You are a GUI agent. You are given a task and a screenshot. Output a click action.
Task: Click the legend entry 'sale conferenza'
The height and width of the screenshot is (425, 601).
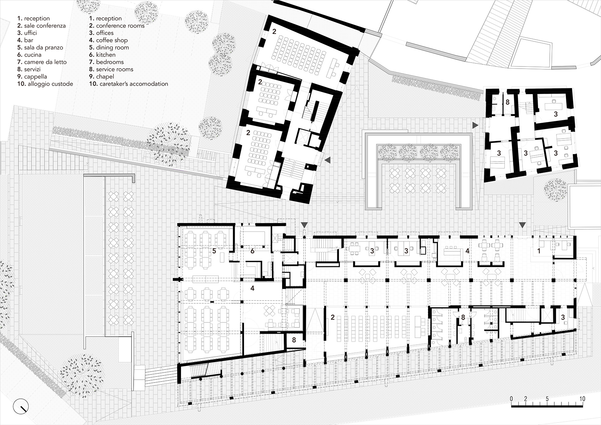tap(45, 25)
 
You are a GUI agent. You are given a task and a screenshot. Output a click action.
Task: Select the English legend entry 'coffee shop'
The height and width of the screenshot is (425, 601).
tap(112, 40)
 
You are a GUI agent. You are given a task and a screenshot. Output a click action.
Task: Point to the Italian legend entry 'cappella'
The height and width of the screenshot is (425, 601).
tap(35, 76)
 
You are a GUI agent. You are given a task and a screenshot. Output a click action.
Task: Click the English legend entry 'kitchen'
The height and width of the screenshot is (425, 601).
tap(106, 55)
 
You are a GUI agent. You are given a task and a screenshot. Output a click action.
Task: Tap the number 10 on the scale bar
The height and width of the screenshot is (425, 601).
tap(582, 399)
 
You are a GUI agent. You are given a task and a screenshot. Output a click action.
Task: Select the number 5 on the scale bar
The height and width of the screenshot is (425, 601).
tap(547, 399)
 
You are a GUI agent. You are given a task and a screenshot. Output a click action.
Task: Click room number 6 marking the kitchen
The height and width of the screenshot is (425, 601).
tap(252, 251)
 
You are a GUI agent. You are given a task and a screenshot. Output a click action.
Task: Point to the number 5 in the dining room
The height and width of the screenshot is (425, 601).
tap(214, 251)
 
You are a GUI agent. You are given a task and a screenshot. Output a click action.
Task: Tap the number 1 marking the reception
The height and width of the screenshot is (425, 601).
tap(539, 251)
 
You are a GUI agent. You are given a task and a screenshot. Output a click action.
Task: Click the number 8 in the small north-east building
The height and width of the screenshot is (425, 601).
tap(507, 103)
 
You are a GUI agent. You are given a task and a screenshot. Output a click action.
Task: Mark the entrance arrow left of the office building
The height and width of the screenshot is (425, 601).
tap(475, 125)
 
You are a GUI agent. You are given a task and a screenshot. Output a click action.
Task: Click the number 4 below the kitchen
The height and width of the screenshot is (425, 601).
tap(252, 289)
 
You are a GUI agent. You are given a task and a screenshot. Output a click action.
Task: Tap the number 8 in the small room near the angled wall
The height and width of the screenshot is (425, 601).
tap(294, 340)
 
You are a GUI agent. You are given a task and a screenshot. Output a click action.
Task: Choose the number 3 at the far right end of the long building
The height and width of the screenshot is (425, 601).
tap(563, 318)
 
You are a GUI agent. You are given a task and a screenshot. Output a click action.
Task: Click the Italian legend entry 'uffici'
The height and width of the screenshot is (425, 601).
tap(30, 33)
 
